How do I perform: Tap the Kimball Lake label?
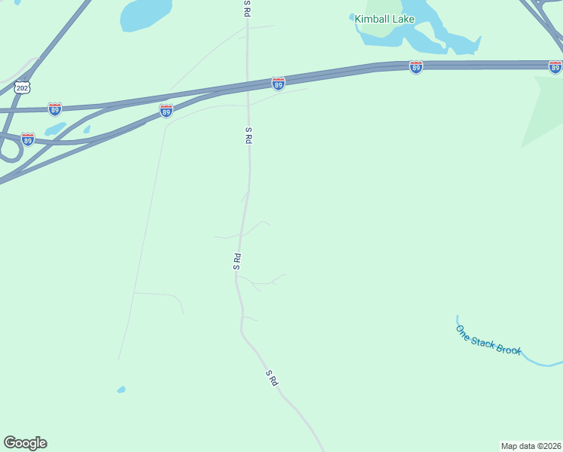pos(385,19)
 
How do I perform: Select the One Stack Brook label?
pos(488,340)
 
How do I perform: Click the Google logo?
pos(25,443)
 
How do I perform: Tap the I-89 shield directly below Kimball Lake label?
pos(416,67)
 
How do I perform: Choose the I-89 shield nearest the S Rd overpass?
pos(278,84)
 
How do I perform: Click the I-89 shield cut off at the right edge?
pos(555,67)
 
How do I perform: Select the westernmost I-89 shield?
pos(28,139)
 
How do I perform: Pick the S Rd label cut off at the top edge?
pos(247,8)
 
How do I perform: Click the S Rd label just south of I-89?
pos(248,136)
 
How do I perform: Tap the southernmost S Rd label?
pos(272,378)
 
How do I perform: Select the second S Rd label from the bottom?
pos(237,261)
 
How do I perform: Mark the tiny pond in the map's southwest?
pos(120,389)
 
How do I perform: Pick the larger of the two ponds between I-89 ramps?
pos(55,129)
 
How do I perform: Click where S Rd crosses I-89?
pos(248,87)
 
